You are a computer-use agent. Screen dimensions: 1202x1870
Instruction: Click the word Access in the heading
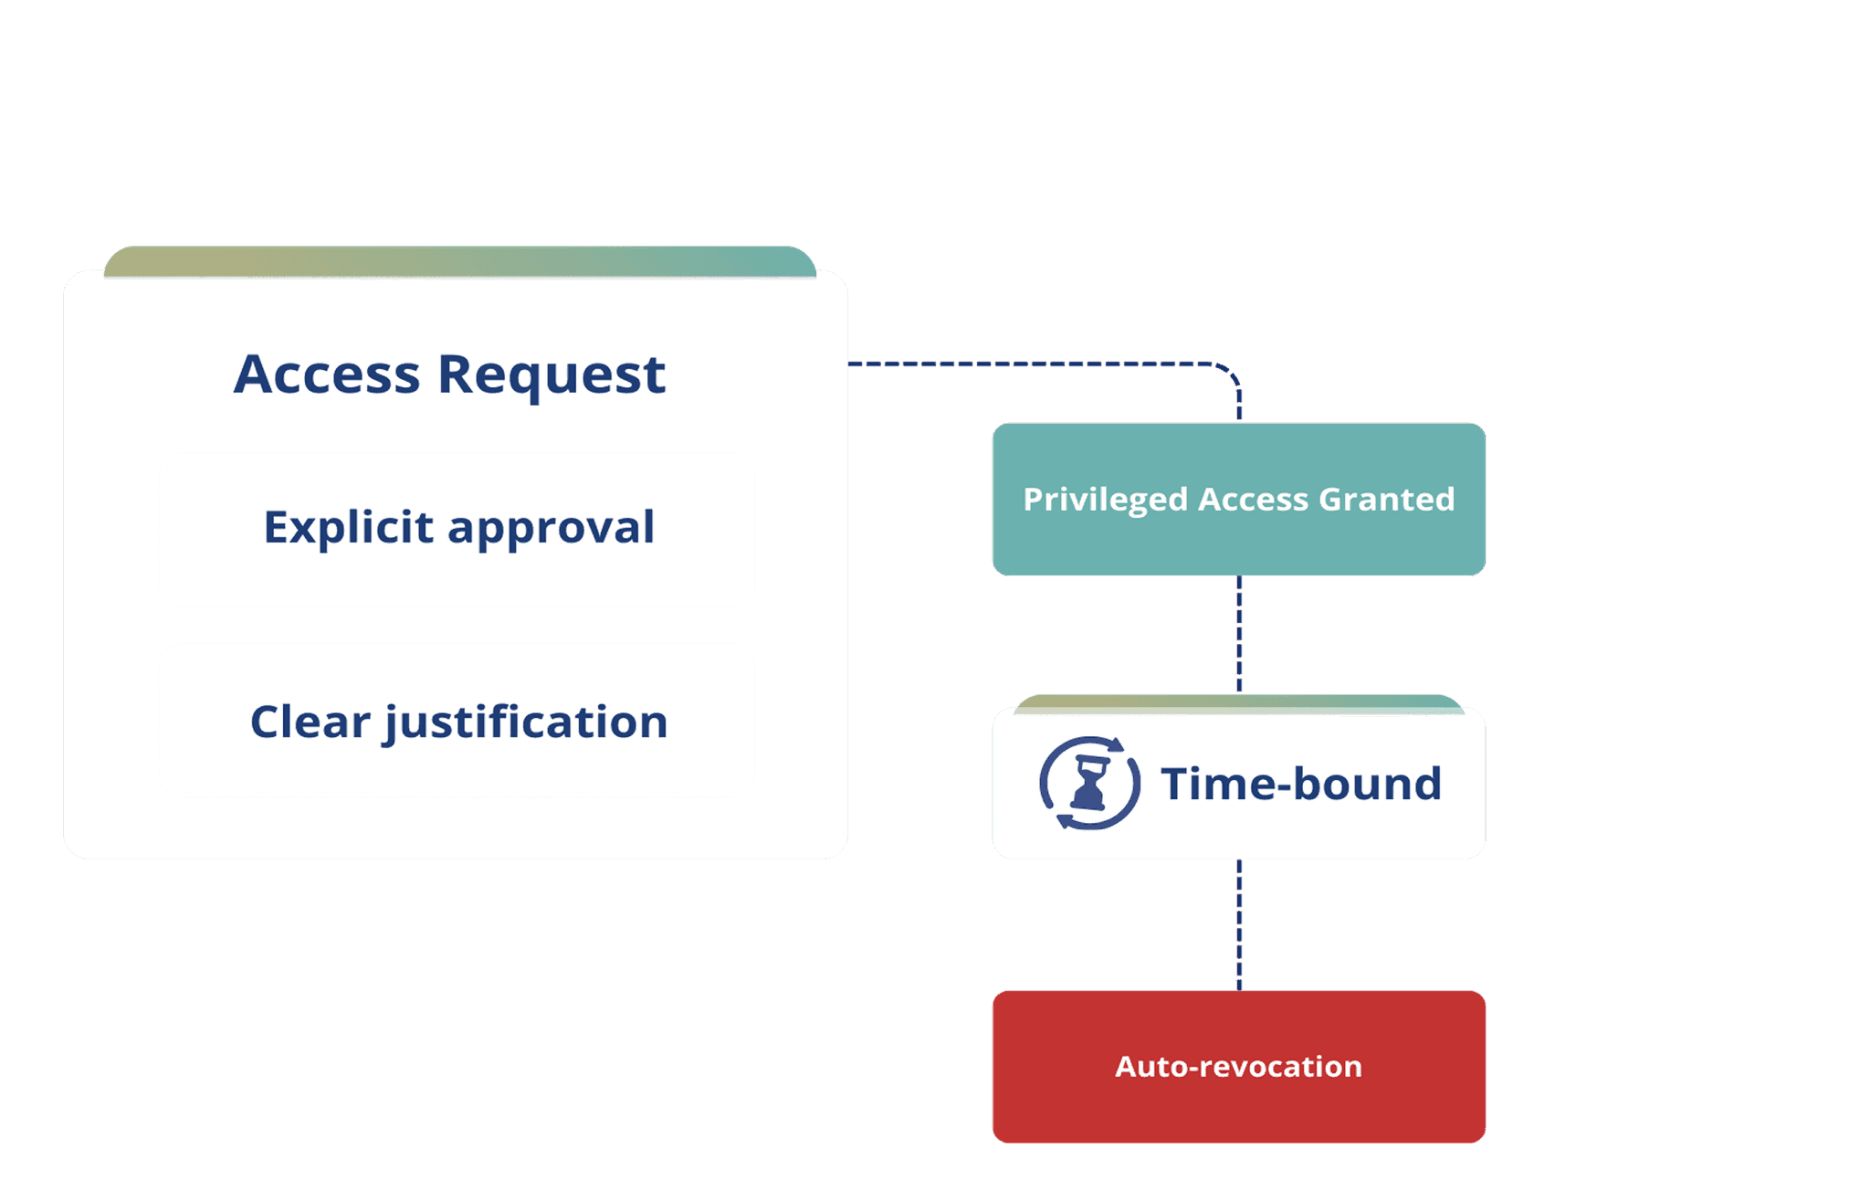[x=326, y=374]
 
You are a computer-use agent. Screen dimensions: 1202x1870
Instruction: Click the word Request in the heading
[x=552, y=374]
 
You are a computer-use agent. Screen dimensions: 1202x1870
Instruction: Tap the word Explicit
[x=348, y=527]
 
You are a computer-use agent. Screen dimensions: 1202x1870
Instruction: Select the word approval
[x=551, y=527]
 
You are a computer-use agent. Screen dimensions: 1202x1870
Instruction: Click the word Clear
[x=310, y=722]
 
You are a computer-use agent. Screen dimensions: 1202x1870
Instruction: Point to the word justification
[x=526, y=722]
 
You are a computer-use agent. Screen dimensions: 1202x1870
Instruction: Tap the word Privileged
[x=1105, y=500]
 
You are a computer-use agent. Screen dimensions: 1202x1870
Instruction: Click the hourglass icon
[x=1089, y=784]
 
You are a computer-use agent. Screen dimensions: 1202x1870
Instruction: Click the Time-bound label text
[x=1300, y=784]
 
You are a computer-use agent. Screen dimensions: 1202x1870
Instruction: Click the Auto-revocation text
[x=1238, y=1067]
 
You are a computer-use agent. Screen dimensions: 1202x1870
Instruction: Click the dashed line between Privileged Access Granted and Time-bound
[x=1239, y=635]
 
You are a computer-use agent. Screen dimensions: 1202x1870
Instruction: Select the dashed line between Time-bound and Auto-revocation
[x=1239, y=924]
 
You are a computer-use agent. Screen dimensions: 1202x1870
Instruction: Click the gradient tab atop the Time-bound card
[x=1238, y=701]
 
